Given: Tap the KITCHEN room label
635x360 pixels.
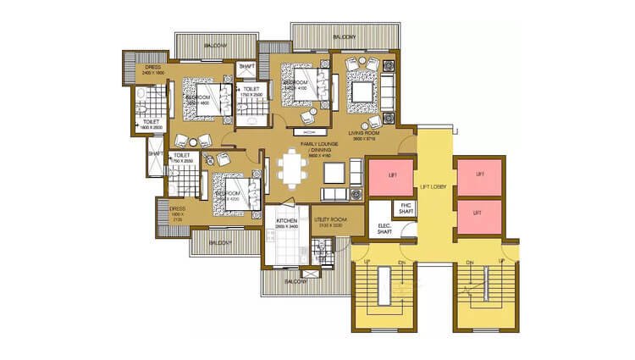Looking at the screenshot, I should (285, 223).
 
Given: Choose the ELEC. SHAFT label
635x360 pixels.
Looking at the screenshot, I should (384, 227).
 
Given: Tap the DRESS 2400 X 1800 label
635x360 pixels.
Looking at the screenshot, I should (152, 69).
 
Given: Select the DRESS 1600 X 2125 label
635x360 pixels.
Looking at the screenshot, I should (177, 212).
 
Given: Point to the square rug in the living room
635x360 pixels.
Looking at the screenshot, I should (363, 90).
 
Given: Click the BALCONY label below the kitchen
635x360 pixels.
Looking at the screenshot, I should (293, 280).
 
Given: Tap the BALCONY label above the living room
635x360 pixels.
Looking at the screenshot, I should (344, 37).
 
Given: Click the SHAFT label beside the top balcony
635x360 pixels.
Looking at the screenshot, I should (246, 66).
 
